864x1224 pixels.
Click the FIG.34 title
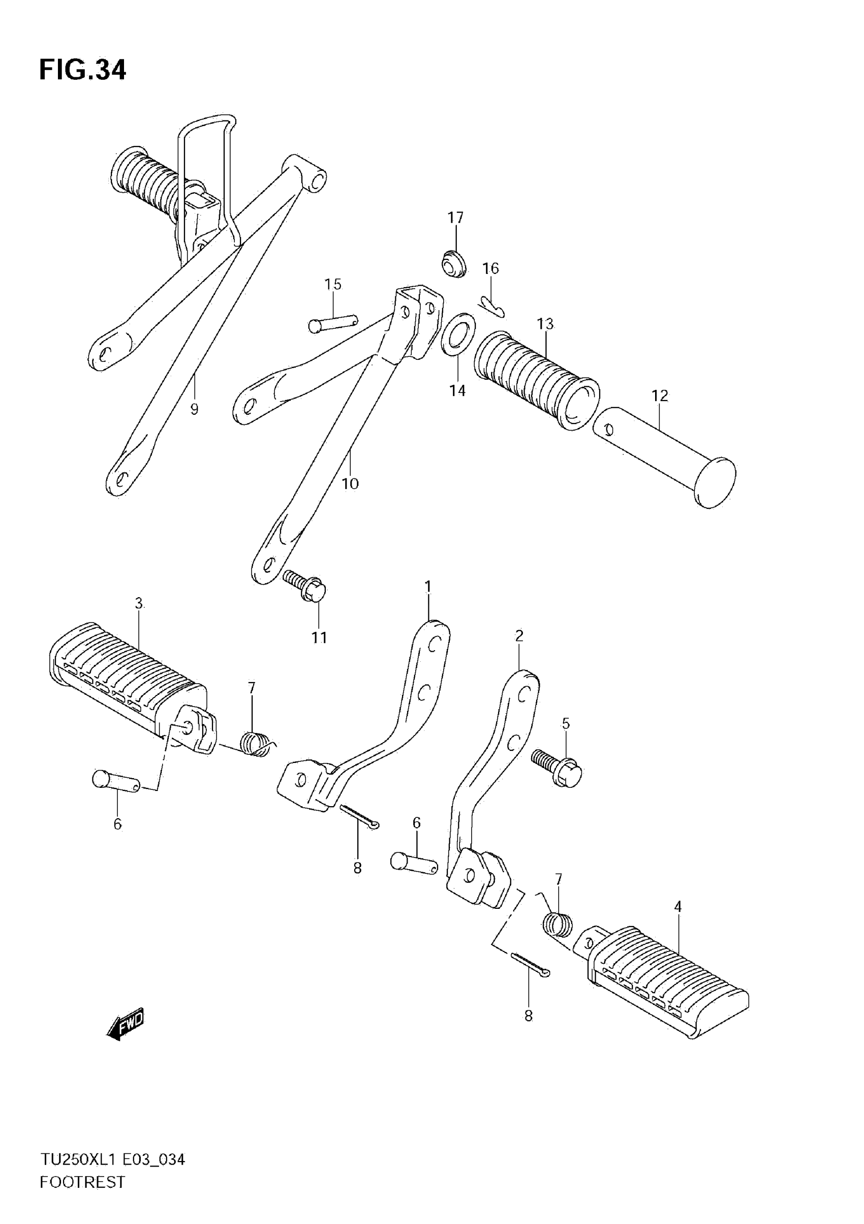[x=83, y=70]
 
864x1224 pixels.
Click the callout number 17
[x=455, y=218]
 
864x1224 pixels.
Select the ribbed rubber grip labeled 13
[x=536, y=381]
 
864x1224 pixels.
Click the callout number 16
[x=490, y=268]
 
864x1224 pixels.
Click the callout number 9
[x=194, y=409]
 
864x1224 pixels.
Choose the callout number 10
[x=350, y=483]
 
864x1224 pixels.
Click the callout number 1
[x=427, y=587]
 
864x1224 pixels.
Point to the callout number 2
[x=519, y=635]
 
